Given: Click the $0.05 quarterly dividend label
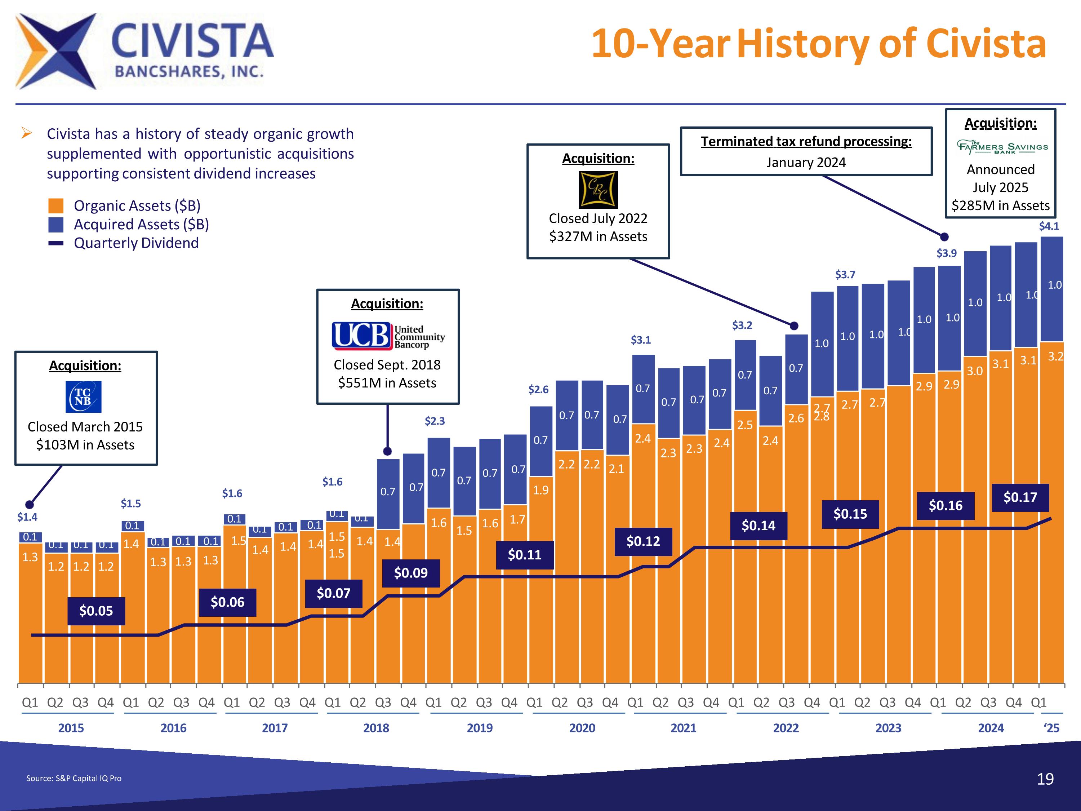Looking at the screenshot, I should coord(96,611).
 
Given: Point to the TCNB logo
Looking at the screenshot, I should coord(84,397).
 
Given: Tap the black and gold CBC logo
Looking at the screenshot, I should coord(598,190).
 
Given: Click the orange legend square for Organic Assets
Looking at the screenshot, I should coord(56,206).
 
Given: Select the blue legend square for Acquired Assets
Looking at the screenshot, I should coord(56,225).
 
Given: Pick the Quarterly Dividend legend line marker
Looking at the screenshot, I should coord(56,243).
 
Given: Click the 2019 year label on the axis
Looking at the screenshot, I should coord(479,728).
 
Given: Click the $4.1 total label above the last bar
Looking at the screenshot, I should coord(1049,226).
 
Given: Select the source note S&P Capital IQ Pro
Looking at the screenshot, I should coord(74,778).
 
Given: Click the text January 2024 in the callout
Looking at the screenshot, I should coord(806,162).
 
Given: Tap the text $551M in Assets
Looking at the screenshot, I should coord(387,383).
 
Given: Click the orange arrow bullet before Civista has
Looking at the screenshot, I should coord(27,133).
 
